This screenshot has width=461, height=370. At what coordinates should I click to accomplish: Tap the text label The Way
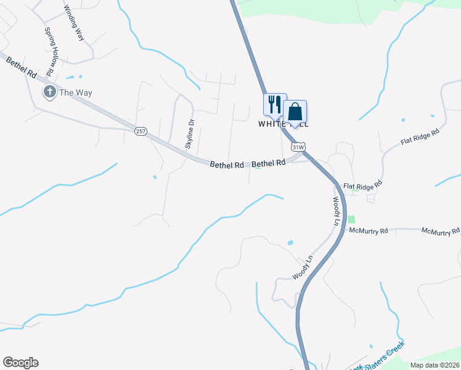pos(75,92)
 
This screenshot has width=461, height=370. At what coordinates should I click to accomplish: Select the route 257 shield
pos(141,131)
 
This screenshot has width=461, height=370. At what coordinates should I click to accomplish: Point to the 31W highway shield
pos(298,147)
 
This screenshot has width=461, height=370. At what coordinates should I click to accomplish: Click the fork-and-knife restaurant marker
pos(275,104)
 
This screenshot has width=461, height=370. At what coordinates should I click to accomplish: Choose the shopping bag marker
pos(295,112)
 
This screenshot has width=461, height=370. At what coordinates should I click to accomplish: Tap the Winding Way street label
pos(73,23)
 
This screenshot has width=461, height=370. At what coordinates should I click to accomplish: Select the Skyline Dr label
pos(190,134)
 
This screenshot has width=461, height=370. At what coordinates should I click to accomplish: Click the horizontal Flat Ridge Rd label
pos(363,185)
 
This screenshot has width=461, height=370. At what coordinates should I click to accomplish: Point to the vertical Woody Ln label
pos(337,211)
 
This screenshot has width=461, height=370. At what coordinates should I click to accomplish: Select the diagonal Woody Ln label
pos(304,267)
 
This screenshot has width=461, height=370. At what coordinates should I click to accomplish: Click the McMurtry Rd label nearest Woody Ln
pos(368,231)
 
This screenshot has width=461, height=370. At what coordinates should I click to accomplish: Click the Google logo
pos(20,363)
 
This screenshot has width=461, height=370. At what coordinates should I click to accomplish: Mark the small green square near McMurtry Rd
pos(351,219)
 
